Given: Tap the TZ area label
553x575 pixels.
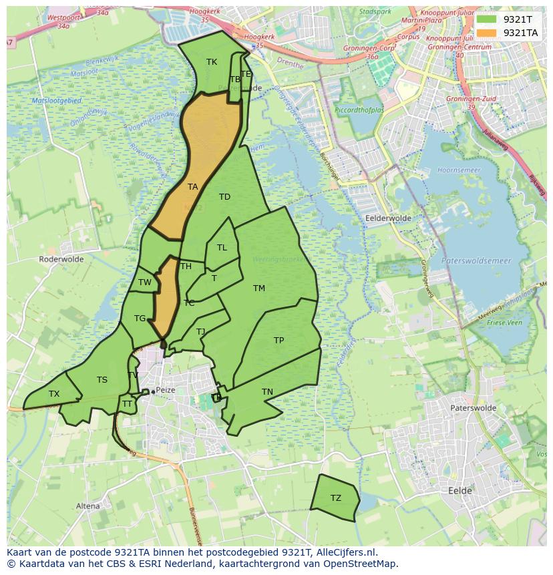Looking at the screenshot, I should [x=335, y=498].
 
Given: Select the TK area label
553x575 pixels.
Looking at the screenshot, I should [x=212, y=62].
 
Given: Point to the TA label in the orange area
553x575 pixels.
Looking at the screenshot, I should [x=192, y=187].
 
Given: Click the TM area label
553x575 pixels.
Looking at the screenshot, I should [x=259, y=289].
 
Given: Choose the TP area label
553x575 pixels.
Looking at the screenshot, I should [x=279, y=341].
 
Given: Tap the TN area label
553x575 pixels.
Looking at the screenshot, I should [x=267, y=392].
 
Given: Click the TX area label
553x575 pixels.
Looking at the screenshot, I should [x=54, y=394].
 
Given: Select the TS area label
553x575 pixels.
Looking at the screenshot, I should [x=102, y=380].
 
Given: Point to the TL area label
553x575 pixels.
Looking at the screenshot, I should [x=222, y=248].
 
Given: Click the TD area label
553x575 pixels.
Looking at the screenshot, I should [x=224, y=197].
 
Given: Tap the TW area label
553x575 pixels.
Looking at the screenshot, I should [x=145, y=282].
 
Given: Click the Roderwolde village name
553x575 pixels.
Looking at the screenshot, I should [x=60, y=258].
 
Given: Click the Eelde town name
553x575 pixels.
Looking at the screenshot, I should [x=460, y=491].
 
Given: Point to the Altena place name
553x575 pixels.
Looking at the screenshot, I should [x=87, y=506].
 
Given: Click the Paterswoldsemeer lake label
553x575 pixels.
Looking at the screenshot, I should [x=476, y=260].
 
